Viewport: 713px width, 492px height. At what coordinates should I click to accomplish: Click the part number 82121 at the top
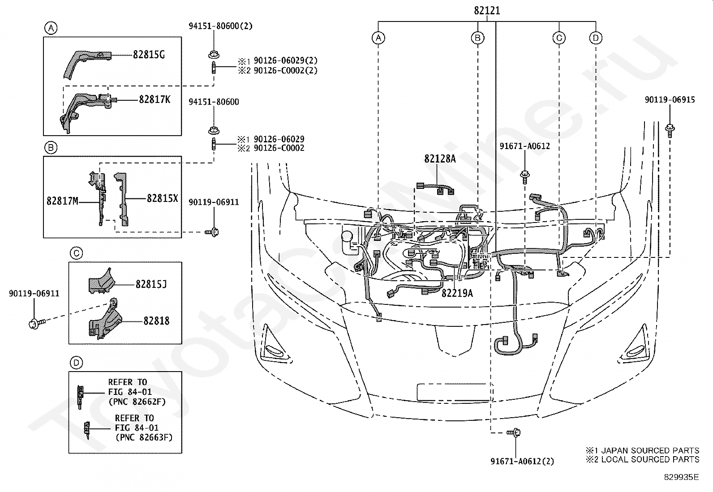tap(487, 11)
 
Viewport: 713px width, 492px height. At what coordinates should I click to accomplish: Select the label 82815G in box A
tap(149, 55)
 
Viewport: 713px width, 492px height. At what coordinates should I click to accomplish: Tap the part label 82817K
tap(155, 100)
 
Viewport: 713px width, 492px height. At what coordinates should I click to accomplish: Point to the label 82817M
tap(62, 201)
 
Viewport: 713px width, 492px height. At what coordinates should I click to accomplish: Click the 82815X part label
tap(162, 199)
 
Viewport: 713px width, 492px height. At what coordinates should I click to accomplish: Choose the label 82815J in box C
tap(151, 284)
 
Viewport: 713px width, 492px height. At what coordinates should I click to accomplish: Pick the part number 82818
tap(156, 321)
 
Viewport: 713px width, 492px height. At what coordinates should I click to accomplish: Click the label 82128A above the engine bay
tap(440, 158)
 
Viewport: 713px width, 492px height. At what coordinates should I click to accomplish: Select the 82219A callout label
tap(457, 293)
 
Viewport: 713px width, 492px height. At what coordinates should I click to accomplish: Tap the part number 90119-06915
tap(670, 100)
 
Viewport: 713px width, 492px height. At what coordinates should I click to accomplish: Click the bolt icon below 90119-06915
tap(670, 130)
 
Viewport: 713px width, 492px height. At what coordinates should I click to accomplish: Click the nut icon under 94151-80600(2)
tap(213, 55)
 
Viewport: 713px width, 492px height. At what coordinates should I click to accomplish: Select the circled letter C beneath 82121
tap(559, 38)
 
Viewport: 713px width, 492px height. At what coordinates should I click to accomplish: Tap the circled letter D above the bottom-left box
tap(76, 363)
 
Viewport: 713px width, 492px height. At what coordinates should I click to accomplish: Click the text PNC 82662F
tap(137, 402)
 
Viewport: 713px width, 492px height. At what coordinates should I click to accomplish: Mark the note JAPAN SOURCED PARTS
tap(649, 450)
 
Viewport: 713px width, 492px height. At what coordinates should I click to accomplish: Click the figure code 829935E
tap(681, 477)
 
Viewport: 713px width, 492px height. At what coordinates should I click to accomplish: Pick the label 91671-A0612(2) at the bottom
tap(522, 461)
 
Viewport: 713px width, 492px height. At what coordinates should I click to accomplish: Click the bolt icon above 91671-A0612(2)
tap(514, 432)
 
